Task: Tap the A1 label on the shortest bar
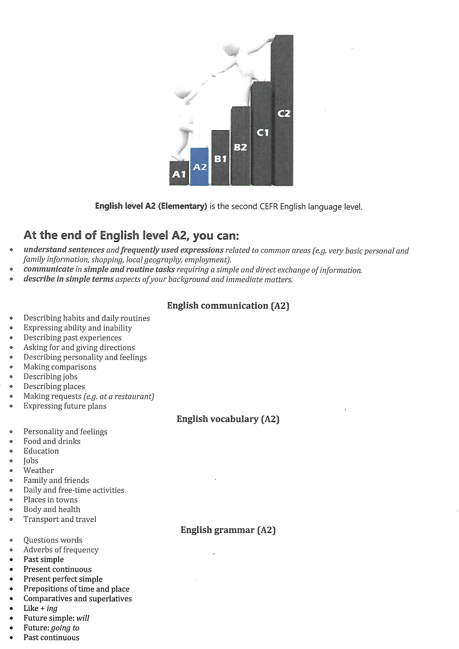[179, 174]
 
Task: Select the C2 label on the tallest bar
[284, 114]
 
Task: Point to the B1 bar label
[220, 159]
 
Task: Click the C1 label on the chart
[262, 133]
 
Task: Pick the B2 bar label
[240, 147]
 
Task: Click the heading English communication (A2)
[228, 306]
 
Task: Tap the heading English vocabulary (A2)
[228, 419]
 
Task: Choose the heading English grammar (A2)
[228, 530]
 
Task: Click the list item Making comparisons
[60, 367]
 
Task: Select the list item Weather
[39, 470]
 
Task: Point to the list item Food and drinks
[52, 441]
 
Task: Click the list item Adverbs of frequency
[61, 550]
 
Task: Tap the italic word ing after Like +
[52, 608]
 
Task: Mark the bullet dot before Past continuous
[11, 638]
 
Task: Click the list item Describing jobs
[50, 377]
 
